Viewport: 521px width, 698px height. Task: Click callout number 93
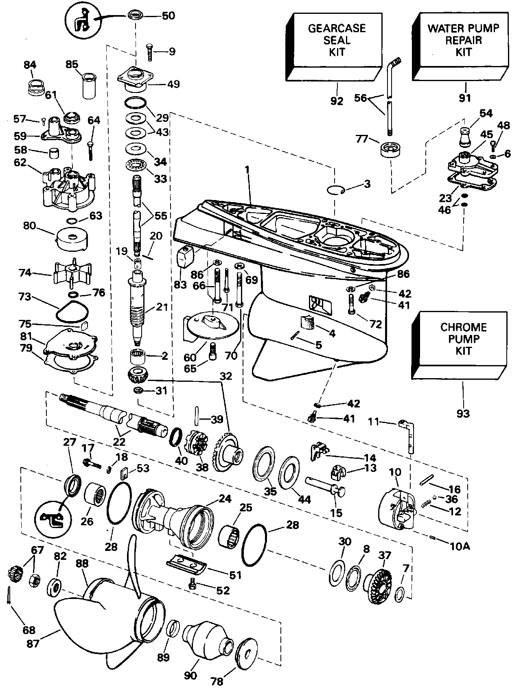463,414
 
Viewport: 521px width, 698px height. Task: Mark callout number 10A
460,546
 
